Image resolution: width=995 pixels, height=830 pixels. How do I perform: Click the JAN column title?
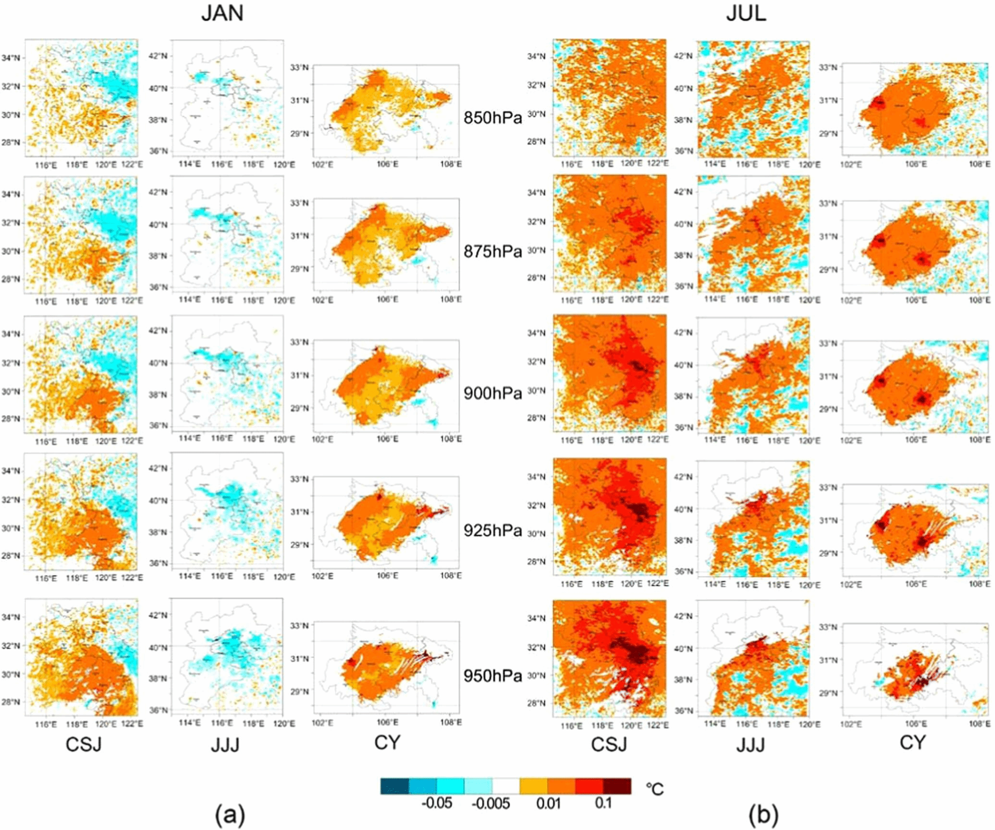pos(222,13)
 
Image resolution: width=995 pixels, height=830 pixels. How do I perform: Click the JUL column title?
pos(746,13)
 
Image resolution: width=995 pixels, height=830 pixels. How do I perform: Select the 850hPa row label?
pos(492,118)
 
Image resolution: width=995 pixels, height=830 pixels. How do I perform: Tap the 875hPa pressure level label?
pos(492,251)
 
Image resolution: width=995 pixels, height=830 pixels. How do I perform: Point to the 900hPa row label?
pos(492,393)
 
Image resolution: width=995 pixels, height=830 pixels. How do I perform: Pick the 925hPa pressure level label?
pos(492,530)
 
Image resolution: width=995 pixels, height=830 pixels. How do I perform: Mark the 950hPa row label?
pos(492,676)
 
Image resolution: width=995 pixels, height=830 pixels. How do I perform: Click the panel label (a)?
pos(230,814)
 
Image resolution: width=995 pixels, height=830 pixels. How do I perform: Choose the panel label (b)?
pos(763,814)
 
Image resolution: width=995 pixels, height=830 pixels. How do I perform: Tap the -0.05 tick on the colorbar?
pos(437,803)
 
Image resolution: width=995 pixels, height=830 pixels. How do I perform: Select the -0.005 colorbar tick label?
pos(491,803)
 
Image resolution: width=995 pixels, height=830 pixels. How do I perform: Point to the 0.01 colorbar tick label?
pos(548,803)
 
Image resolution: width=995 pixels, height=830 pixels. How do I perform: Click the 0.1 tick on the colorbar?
pos(603,803)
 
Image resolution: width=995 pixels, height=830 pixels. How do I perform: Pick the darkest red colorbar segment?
pos(617,786)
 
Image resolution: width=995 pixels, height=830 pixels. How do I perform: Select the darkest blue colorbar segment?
pos(394,786)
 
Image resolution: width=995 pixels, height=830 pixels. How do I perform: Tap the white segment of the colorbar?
pos(506,786)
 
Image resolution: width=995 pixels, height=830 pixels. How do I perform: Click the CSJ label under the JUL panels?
pos(609,744)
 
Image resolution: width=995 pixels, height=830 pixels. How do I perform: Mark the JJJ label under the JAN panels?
pos(225,745)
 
